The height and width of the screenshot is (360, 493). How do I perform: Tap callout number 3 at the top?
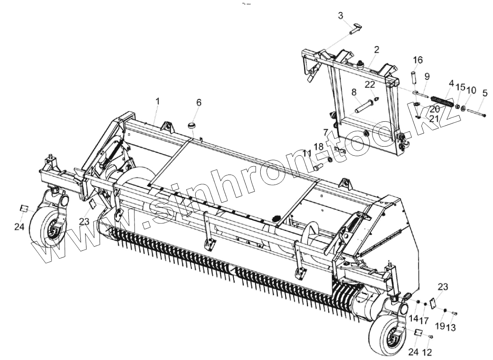[x=341, y=16]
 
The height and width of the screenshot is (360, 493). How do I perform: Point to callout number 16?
[x=418, y=60]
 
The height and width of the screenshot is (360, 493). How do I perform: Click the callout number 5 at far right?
[x=485, y=93]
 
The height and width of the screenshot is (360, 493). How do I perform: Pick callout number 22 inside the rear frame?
[x=370, y=84]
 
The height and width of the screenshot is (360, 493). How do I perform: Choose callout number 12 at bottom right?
[x=427, y=352]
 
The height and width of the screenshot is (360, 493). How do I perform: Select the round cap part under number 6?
[x=191, y=126]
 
